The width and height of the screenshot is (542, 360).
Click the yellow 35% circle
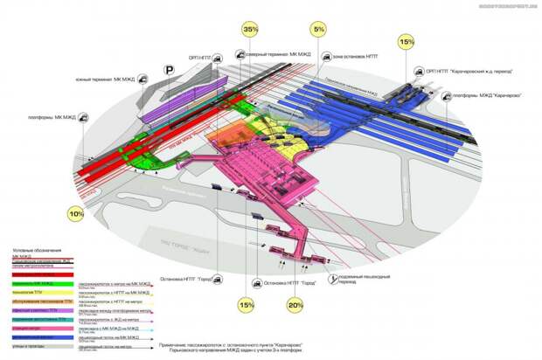point(251,31)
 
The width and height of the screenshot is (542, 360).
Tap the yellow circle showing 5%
point(318,30)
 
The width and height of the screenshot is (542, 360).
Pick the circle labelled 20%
point(295,305)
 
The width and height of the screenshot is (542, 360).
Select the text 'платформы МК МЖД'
point(52,116)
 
